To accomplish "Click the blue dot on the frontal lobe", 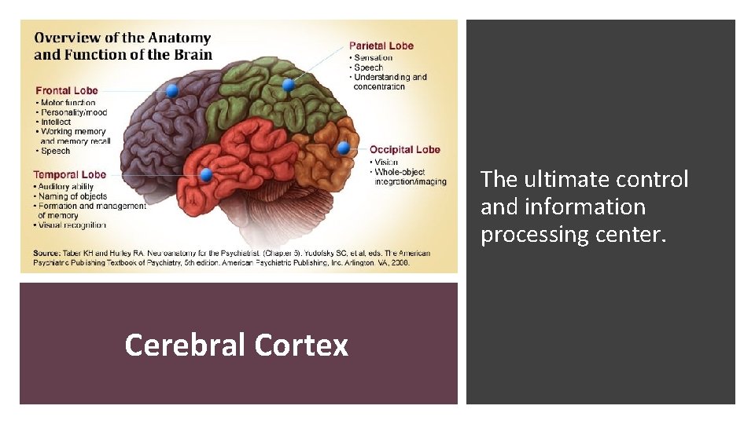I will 172,91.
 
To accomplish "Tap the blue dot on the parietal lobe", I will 289,84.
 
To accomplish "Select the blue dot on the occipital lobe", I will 343,148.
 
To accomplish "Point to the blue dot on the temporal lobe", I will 206,174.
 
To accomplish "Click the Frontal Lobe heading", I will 67,90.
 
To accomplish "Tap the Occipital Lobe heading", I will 405,149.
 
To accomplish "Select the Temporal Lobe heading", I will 70,174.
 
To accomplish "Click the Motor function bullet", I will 68,103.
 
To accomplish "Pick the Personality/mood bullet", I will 73,112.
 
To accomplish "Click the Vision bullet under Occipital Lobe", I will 386,162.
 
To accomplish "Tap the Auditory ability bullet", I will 65,186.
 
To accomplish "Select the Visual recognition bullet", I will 71,225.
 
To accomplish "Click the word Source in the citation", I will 47,253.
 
